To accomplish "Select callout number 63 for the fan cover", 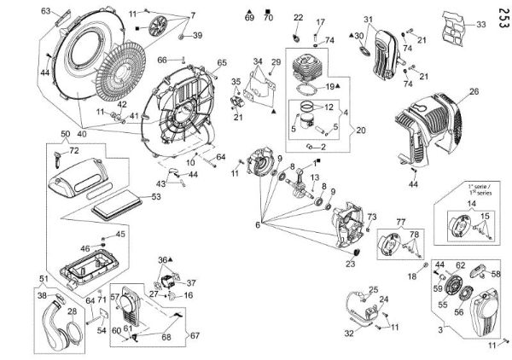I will (x=46, y=11).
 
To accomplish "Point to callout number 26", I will (x=474, y=91).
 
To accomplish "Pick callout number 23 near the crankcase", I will (x=349, y=264).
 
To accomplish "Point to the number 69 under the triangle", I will (x=249, y=18).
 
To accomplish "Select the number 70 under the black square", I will (x=269, y=18).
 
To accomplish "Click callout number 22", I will (x=298, y=17).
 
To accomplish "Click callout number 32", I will (x=347, y=334).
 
